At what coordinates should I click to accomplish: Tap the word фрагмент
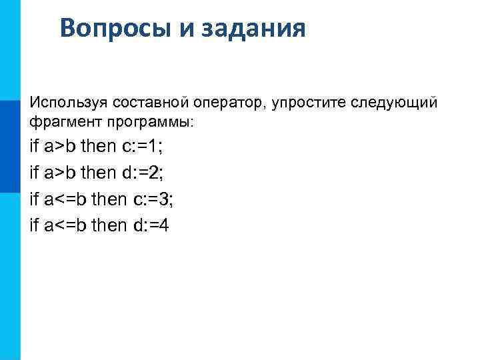pos(62,123)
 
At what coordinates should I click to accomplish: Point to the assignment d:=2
pos(142,172)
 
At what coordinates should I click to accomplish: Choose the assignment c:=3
pos(153,199)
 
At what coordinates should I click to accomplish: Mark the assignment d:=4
pos(151,225)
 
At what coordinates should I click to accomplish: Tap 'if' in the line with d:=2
pos(35,172)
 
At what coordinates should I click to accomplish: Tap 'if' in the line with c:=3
pos(35,199)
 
